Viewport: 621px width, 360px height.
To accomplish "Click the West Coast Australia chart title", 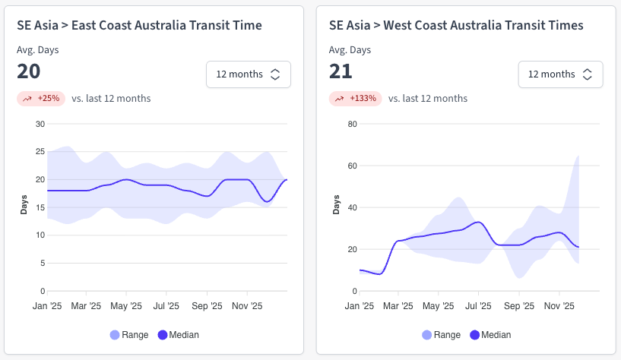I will point(456,25).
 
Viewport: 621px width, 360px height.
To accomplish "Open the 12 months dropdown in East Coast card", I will point(248,74).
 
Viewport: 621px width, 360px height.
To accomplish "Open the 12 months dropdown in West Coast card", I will point(560,74).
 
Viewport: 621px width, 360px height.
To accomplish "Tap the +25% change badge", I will point(41,98).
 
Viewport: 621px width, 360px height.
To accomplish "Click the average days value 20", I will point(29,71).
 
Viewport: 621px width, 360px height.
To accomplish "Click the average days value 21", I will point(341,71).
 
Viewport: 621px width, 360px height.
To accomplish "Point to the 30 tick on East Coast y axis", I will point(40,124).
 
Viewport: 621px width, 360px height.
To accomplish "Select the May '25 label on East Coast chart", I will point(126,306).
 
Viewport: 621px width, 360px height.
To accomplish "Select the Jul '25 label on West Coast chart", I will point(479,306).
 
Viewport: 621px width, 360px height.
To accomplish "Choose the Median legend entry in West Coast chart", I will point(490,334).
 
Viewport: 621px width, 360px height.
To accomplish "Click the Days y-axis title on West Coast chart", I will point(336,205).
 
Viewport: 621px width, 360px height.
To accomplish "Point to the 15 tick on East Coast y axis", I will point(40,207).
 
